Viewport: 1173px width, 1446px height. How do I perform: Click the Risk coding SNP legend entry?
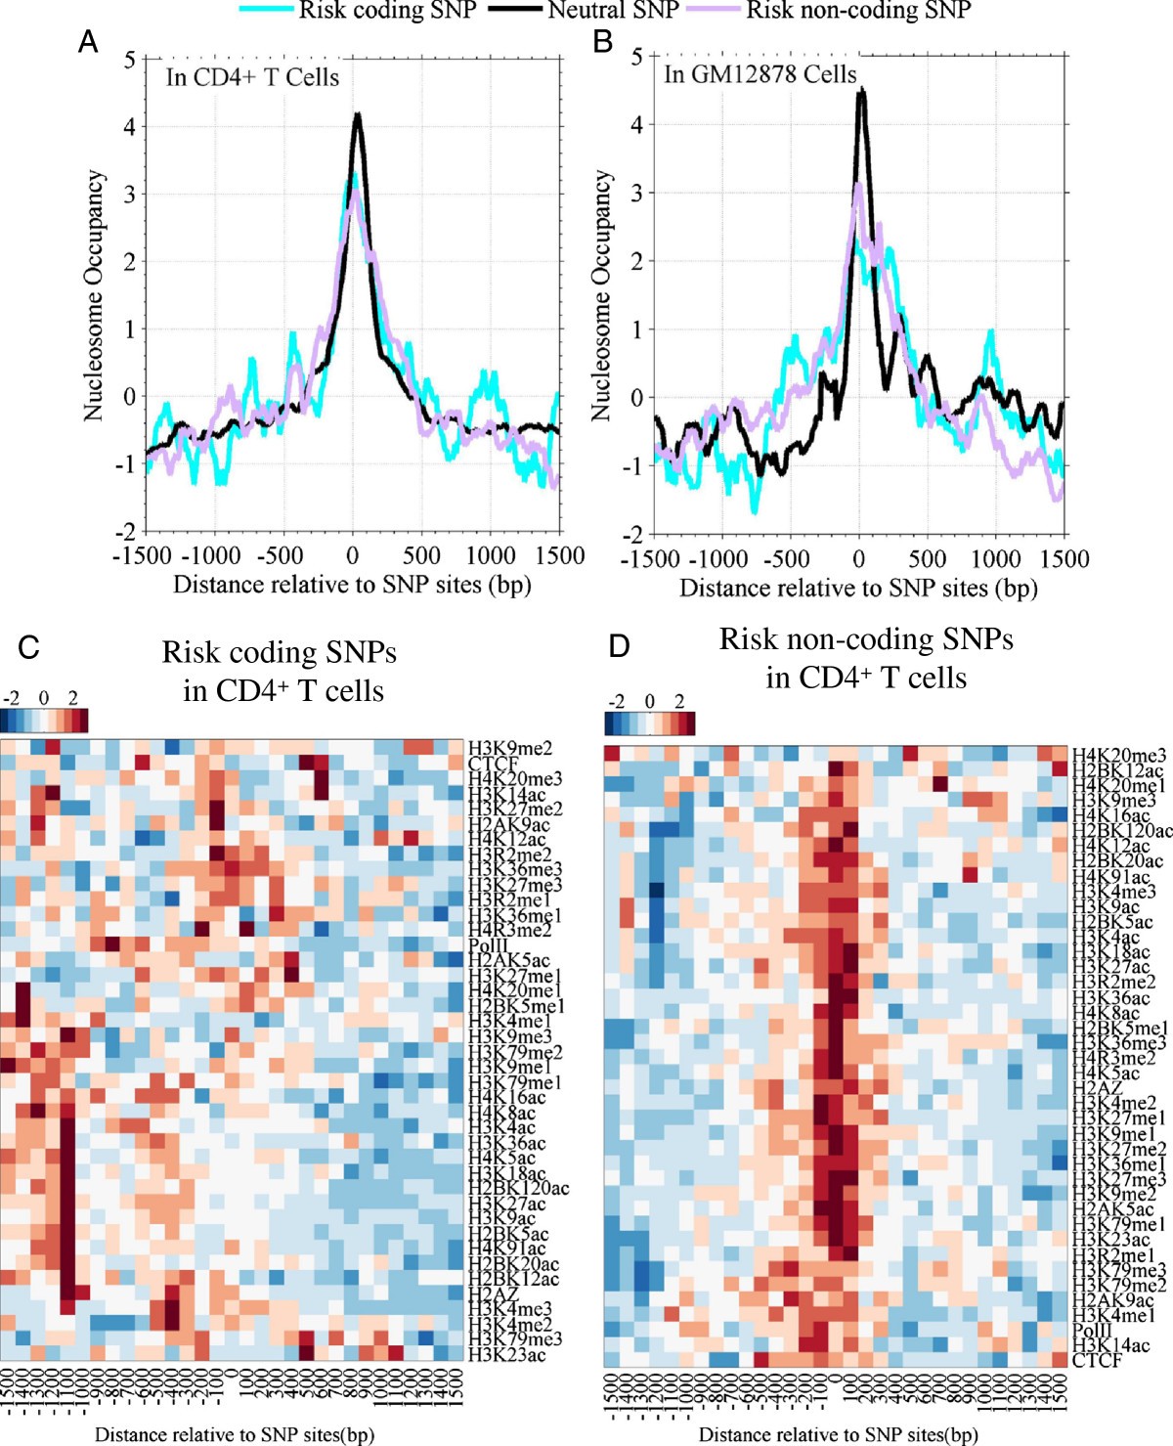point(387,11)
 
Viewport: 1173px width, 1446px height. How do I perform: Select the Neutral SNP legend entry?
point(613,11)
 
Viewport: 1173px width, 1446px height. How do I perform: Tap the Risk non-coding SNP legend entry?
point(857,11)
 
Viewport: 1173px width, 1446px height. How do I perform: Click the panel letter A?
point(88,43)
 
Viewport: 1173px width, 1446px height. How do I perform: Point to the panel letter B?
point(603,42)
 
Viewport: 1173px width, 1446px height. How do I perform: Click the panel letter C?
point(29,647)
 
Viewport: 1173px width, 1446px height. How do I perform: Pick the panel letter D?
point(619,646)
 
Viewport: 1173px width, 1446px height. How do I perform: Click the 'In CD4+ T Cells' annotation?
point(252,78)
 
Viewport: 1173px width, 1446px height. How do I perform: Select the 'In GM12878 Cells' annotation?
point(760,74)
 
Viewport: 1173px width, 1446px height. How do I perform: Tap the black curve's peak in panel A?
point(358,115)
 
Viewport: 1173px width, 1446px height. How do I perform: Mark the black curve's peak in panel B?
point(861,90)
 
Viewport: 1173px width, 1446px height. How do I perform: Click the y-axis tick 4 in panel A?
point(129,127)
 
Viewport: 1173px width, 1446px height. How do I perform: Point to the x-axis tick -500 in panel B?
point(786,559)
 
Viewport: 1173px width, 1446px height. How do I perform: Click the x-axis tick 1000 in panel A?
point(490,556)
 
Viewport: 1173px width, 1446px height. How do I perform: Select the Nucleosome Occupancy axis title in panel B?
point(602,295)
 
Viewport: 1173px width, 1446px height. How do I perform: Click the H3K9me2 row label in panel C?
point(509,749)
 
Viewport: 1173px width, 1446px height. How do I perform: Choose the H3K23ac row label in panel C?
point(506,1355)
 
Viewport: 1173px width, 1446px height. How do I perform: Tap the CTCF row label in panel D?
point(1097,1361)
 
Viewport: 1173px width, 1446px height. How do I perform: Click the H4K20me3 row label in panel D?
point(1118,756)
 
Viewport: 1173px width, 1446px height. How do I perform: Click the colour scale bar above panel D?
point(650,723)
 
